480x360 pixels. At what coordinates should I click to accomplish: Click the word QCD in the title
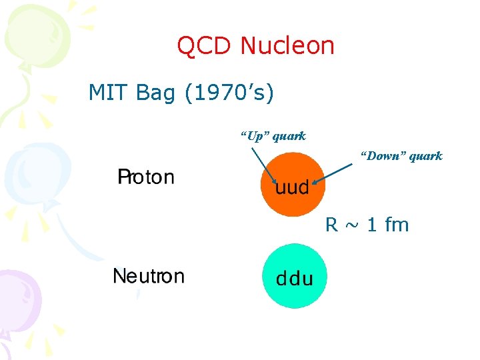coord(205,46)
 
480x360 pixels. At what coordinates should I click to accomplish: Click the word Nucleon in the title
coord(287,46)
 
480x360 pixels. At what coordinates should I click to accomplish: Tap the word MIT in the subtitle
coord(109,93)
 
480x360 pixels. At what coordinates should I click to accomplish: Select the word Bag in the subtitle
coord(155,93)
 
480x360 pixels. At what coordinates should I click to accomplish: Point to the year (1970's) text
coord(229,93)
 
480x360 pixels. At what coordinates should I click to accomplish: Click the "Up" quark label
coord(273,136)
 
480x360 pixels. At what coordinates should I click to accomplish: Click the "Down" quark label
coord(401,156)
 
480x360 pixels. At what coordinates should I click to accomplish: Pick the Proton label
coord(146,177)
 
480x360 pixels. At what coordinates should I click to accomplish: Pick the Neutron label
coord(149,276)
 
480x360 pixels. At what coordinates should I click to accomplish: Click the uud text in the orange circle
coord(293,187)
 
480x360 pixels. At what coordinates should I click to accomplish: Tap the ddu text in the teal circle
coord(295,279)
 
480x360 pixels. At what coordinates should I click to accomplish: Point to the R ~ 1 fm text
coord(367,225)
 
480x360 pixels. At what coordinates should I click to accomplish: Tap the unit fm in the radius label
coord(397,225)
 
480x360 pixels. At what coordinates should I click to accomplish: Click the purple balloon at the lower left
coord(16,293)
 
